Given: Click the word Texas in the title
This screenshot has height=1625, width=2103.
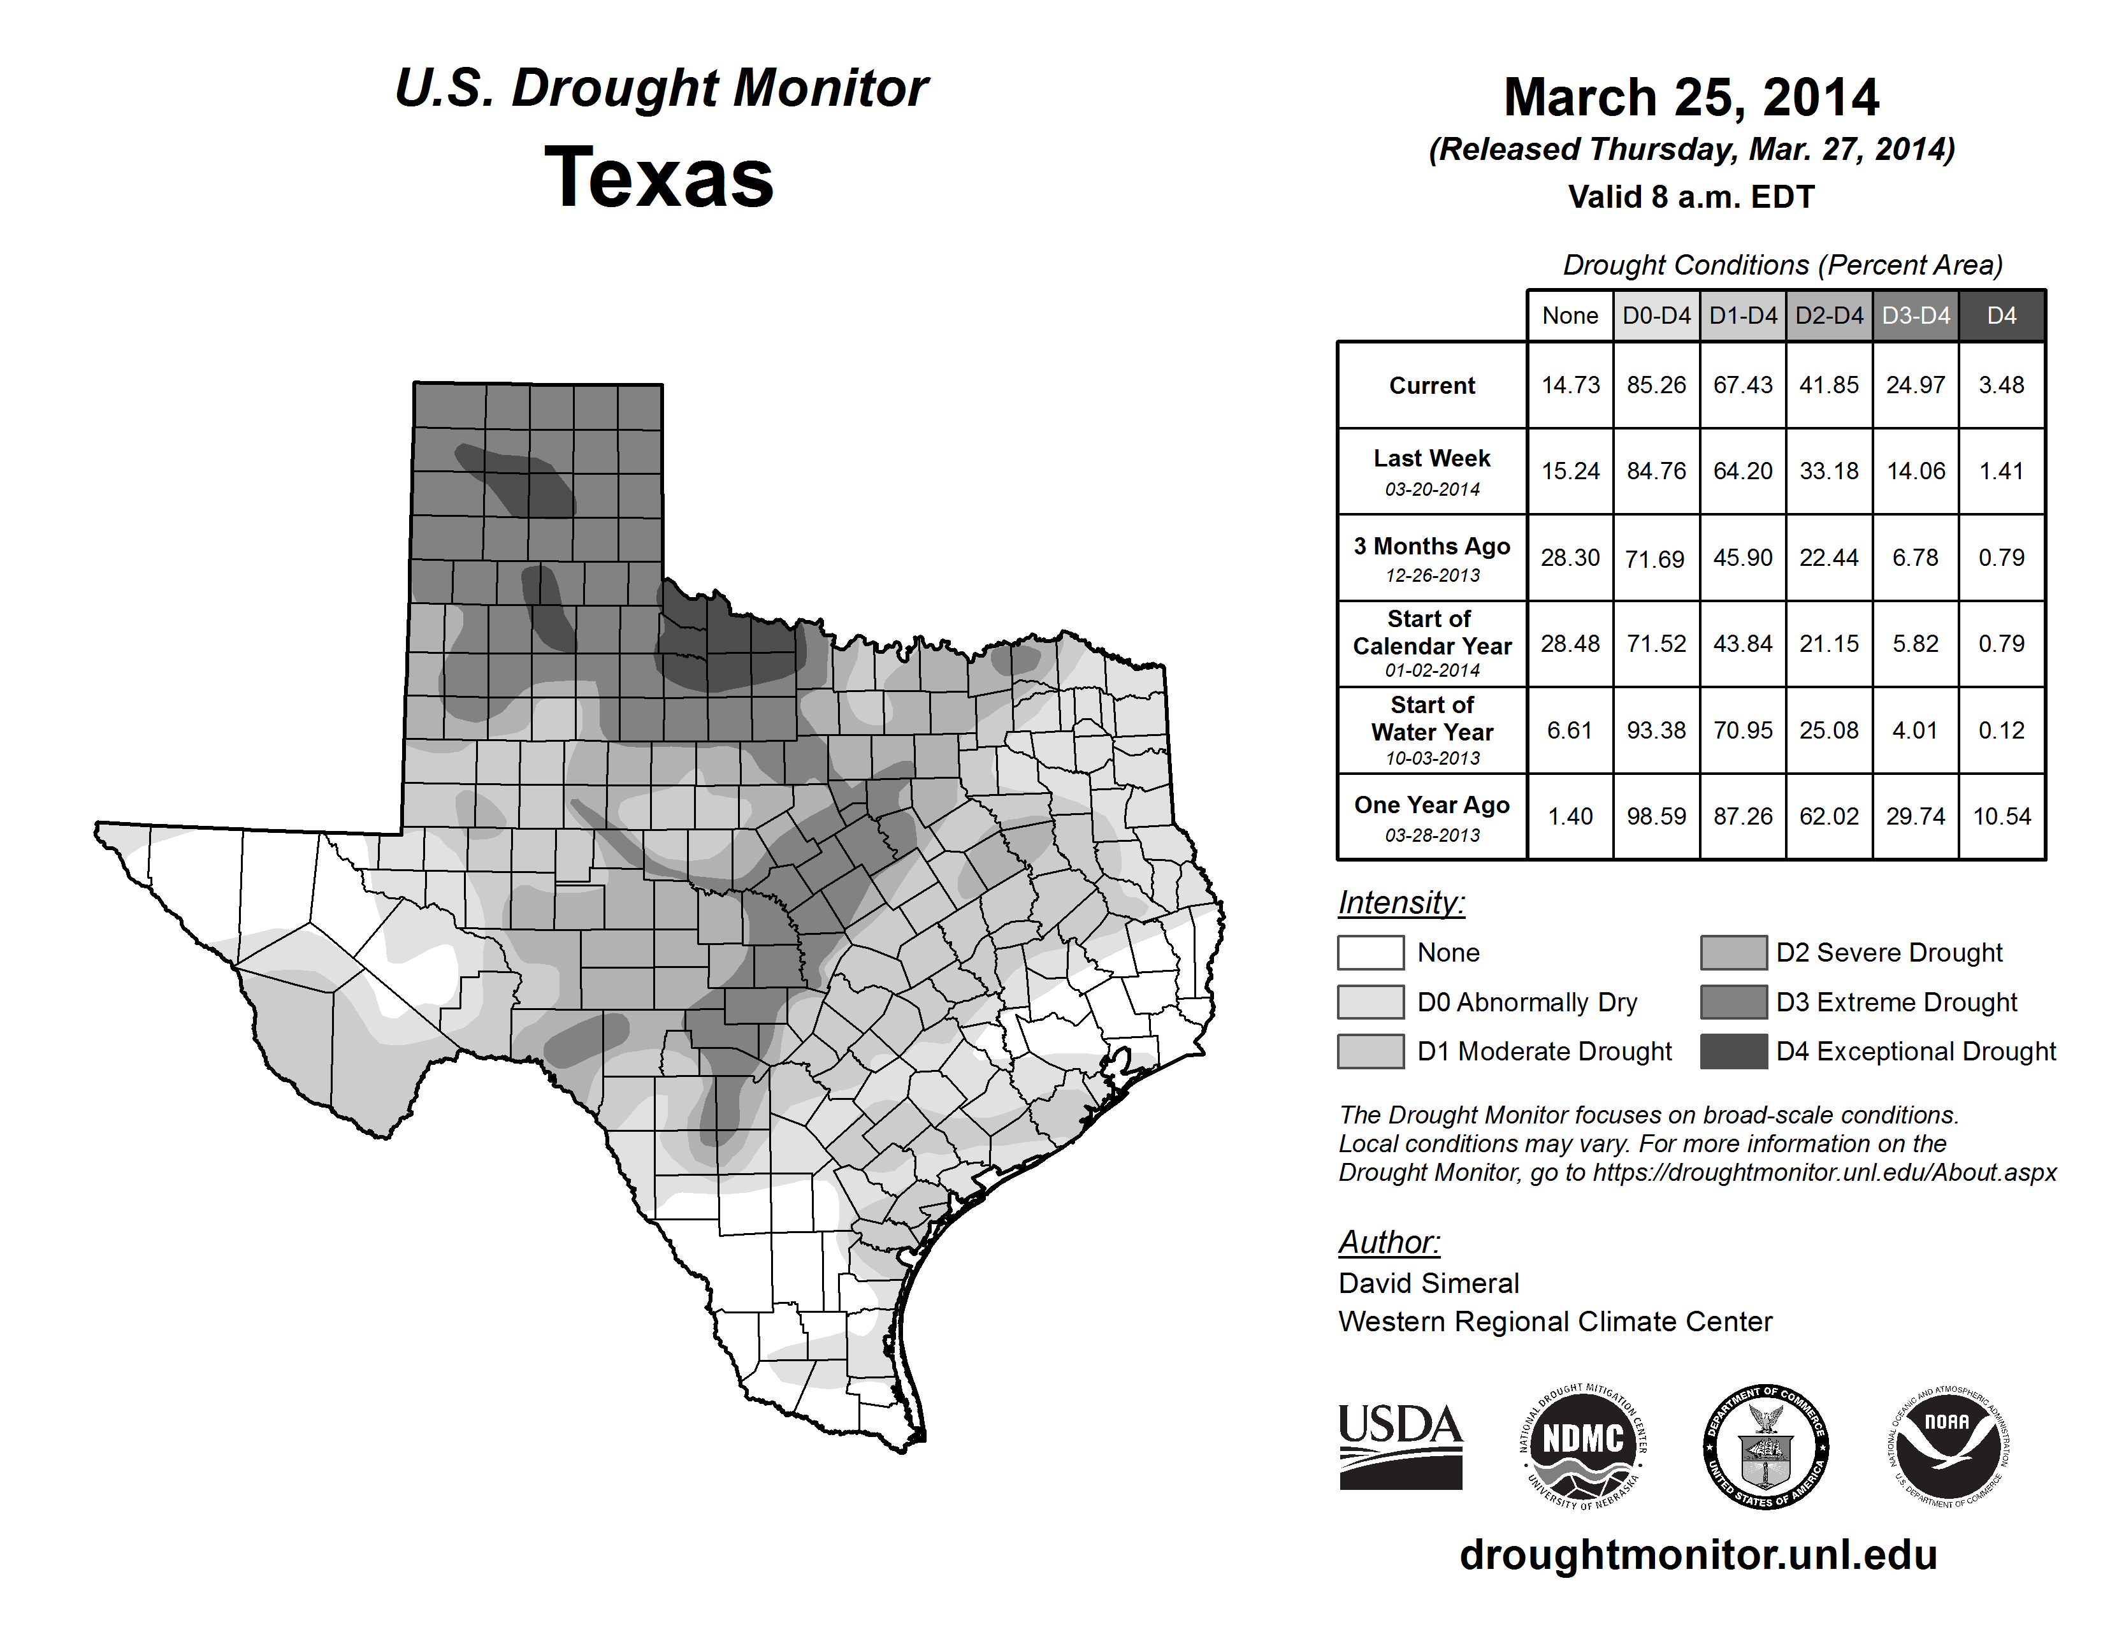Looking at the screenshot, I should tap(659, 177).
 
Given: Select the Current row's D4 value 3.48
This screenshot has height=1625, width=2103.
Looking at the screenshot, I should tap(2001, 385).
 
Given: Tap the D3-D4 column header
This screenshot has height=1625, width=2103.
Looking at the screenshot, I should tap(1915, 315).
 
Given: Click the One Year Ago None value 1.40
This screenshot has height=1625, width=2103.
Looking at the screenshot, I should tap(1570, 816).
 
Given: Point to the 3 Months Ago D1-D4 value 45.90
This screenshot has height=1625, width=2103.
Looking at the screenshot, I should tap(1742, 558).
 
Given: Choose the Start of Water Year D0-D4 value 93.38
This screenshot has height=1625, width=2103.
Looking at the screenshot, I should tap(1656, 731).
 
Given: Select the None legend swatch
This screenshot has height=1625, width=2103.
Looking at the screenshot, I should tap(1370, 952).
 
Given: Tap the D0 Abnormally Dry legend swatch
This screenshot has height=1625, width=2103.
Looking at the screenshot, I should tap(1370, 1001).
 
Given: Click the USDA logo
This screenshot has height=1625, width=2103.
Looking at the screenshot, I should tap(1400, 1446).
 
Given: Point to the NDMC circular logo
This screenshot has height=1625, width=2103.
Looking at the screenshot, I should tap(1583, 1446).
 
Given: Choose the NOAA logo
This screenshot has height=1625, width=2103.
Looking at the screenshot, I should tap(1947, 1446).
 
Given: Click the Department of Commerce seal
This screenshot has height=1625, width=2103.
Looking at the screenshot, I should tap(1765, 1446).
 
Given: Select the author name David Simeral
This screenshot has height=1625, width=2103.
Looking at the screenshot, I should tap(1428, 1283).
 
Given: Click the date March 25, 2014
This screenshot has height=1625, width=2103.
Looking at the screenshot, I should tap(1691, 97).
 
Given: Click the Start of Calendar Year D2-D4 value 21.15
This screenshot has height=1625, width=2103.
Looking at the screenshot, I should tap(1828, 644).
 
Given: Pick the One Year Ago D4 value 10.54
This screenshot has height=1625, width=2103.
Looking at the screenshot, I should tap(2001, 816).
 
